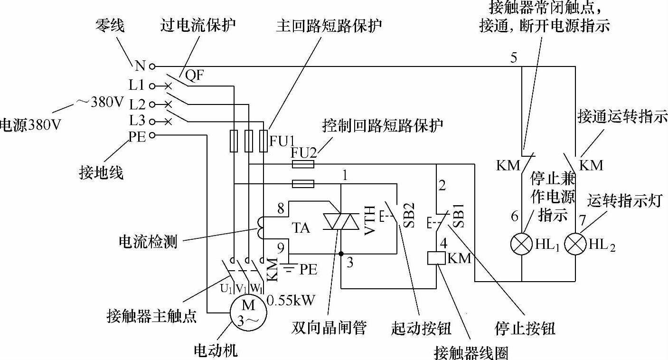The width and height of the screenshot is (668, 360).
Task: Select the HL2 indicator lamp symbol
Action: (x=575, y=245)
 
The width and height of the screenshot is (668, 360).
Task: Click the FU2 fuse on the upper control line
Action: (x=302, y=164)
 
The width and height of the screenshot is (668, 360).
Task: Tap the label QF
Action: (x=194, y=75)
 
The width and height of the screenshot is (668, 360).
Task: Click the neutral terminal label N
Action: (x=140, y=66)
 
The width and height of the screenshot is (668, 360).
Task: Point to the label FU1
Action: (x=282, y=141)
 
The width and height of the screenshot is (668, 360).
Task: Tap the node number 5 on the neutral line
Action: (x=514, y=58)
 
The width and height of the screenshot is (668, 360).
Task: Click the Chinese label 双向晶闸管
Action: (x=329, y=328)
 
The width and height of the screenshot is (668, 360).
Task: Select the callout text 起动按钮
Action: (x=421, y=328)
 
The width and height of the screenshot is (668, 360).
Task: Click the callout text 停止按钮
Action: (x=525, y=328)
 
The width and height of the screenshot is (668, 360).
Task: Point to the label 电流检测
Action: (x=148, y=241)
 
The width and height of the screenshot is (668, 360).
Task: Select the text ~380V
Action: (x=100, y=101)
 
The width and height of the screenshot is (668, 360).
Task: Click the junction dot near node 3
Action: (x=341, y=254)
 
